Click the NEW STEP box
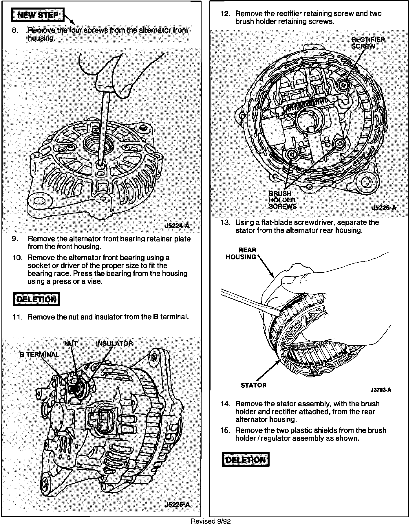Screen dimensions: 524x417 (38, 15)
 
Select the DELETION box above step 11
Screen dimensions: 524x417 (36, 299)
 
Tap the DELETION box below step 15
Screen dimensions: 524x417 (245, 460)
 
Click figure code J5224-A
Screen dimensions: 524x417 (177, 226)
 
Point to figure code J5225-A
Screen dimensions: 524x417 (177, 505)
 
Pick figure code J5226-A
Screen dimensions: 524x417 (384, 208)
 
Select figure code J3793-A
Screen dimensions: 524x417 (381, 390)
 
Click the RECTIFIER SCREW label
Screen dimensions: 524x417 (368, 43)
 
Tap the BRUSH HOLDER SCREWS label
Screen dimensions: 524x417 (282, 200)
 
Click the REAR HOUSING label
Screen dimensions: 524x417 (241, 254)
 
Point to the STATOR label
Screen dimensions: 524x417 (253, 385)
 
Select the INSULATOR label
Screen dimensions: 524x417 (114, 344)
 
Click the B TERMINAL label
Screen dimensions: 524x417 (39, 355)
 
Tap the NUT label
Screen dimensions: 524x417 (71, 344)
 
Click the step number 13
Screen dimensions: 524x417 (225, 223)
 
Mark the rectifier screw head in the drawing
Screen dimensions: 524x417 (343, 84)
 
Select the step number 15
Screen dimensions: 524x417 (225, 430)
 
